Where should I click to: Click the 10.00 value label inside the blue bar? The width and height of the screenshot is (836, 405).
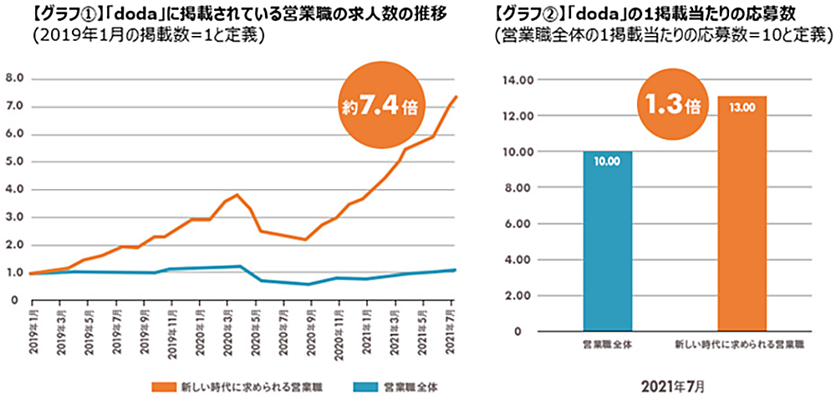pyautogui.click(x=608, y=161)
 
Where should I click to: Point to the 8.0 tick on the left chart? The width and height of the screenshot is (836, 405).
pyautogui.click(x=14, y=79)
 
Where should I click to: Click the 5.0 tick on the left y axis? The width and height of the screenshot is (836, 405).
pyautogui.click(x=14, y=161)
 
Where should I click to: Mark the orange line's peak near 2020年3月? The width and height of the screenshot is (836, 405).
pyautogui.click(x=238, y=195)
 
